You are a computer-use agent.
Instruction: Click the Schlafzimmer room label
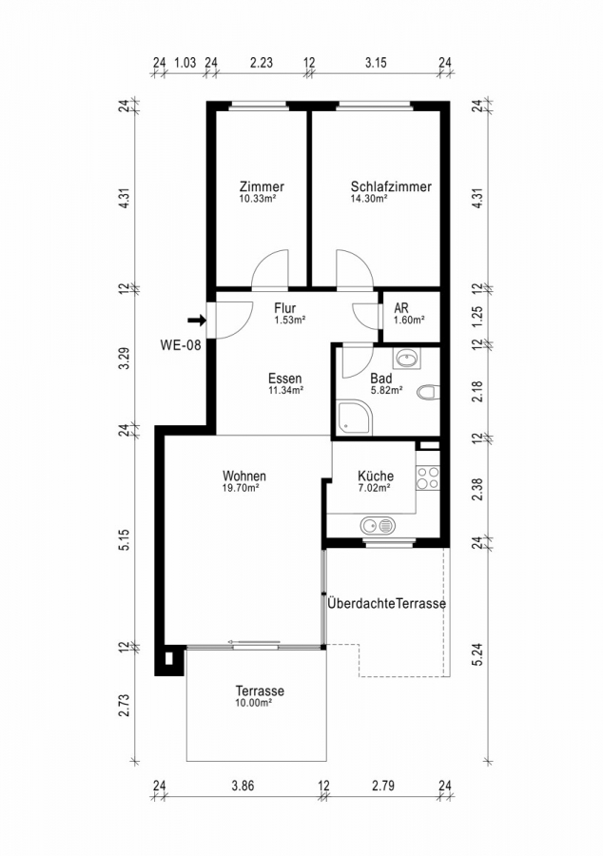click(x=390, y=187)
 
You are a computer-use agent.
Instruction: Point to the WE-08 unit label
click(x=181, y=345)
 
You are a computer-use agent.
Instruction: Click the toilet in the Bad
click(x=427, y=391)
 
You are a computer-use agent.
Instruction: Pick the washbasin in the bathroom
click(x=409, y=360)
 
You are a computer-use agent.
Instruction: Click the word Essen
click(x=284, y=377)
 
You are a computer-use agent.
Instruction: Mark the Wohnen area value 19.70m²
click(x=243, y=488)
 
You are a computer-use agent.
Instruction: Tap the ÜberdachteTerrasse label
click(x=386, y=604)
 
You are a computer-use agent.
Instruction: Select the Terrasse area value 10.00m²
click(x=254, y=703)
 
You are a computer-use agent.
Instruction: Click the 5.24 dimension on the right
click(x=477, y=655)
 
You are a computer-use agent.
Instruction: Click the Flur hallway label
click(x=285, y=308)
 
